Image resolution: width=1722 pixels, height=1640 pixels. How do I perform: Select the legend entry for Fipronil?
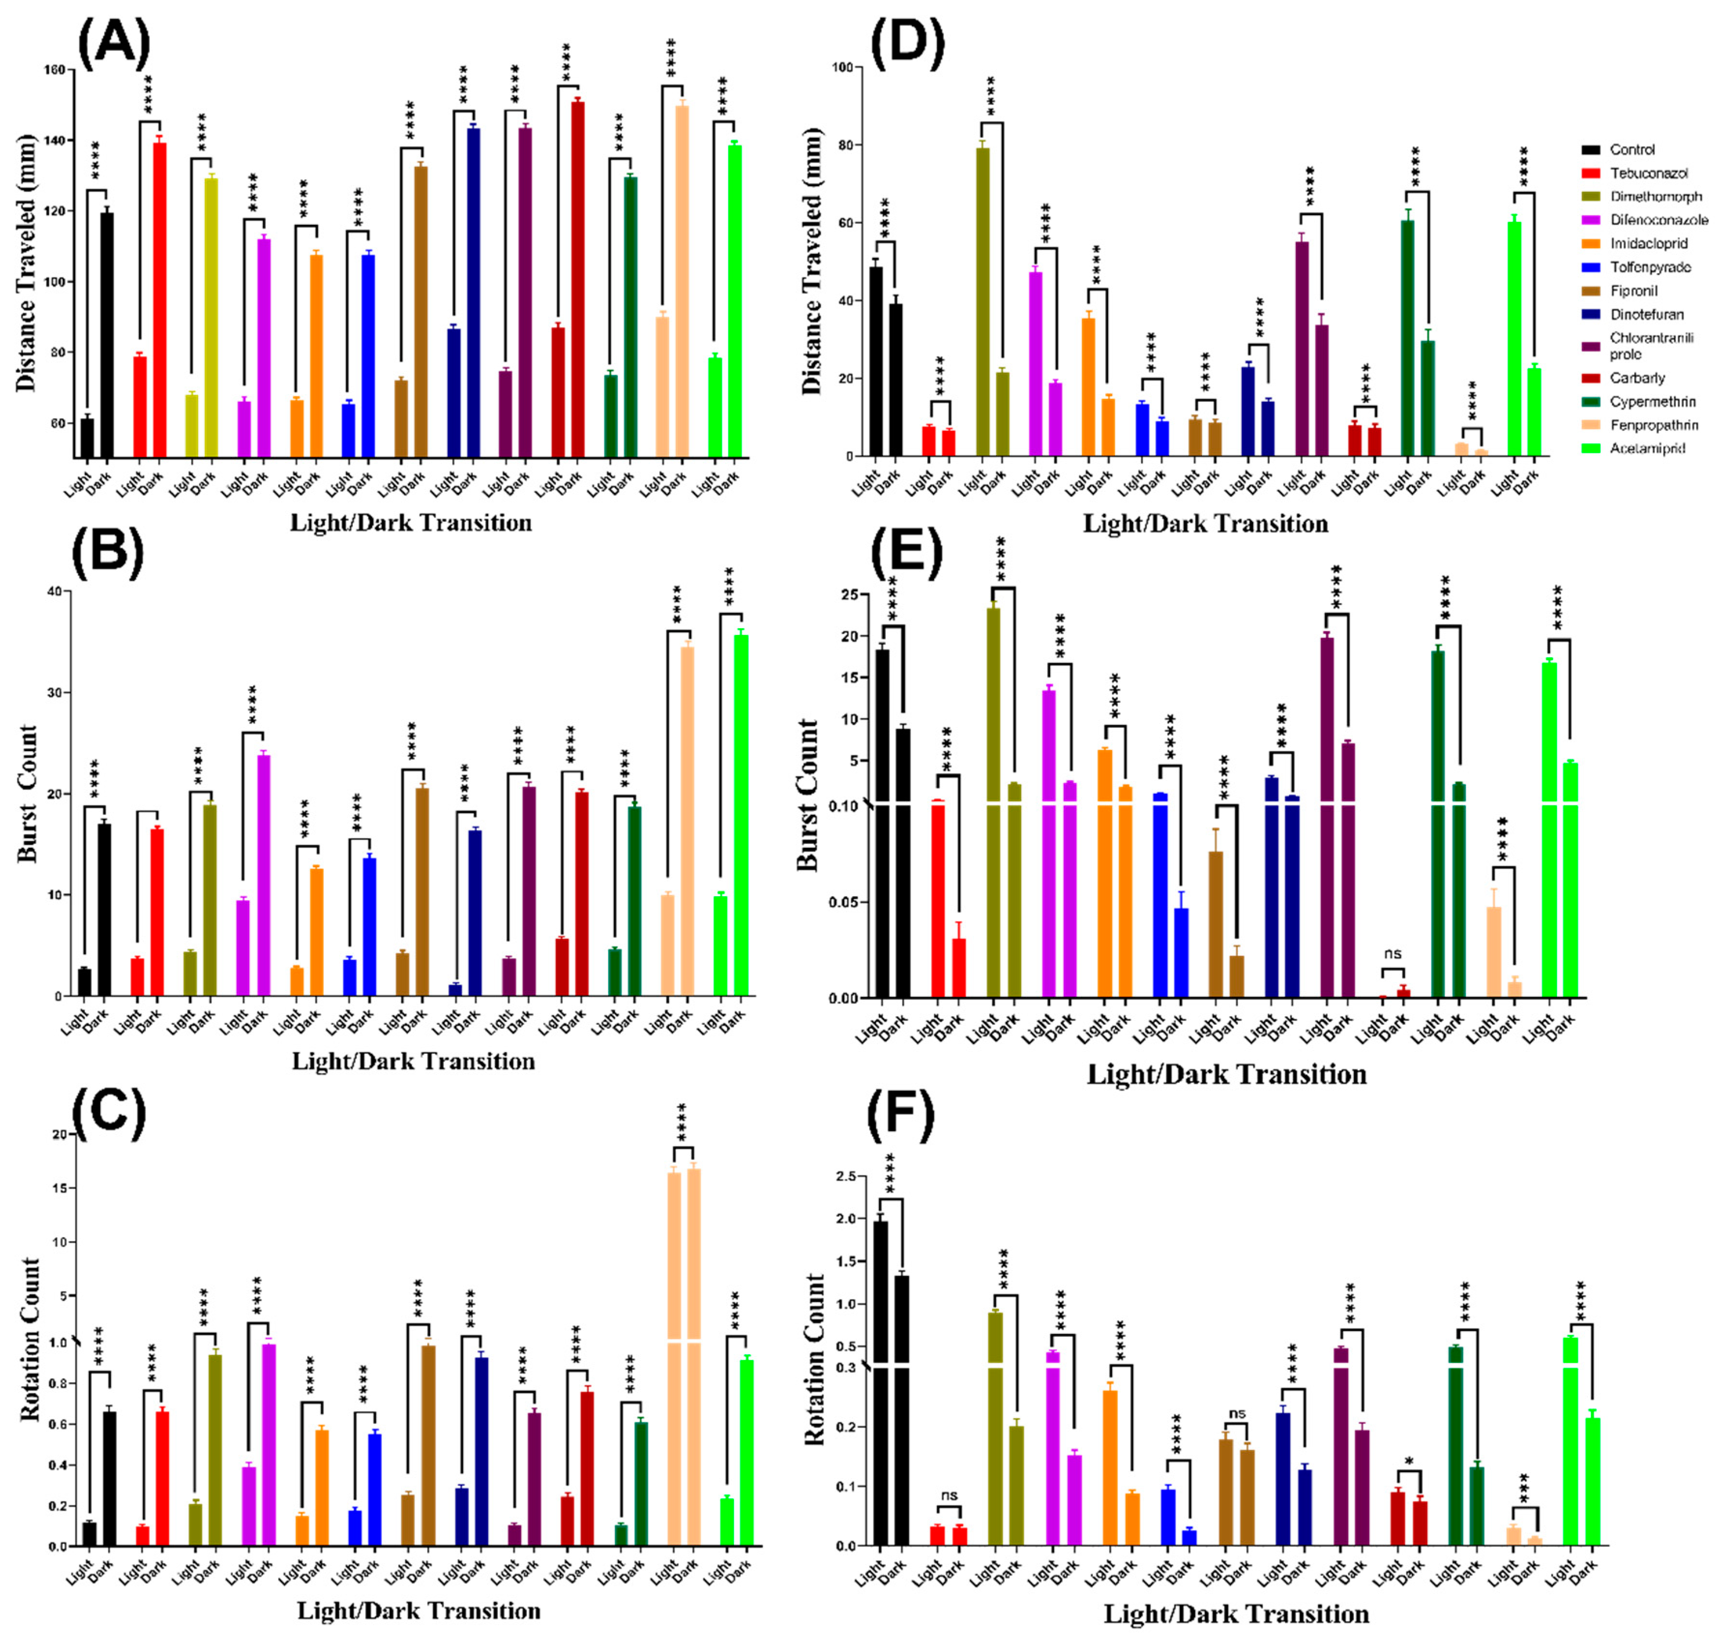point(1633,291)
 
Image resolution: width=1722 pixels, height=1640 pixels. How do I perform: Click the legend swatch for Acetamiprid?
point(1589,448)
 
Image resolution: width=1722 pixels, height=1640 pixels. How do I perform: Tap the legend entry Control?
point(1631,149)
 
